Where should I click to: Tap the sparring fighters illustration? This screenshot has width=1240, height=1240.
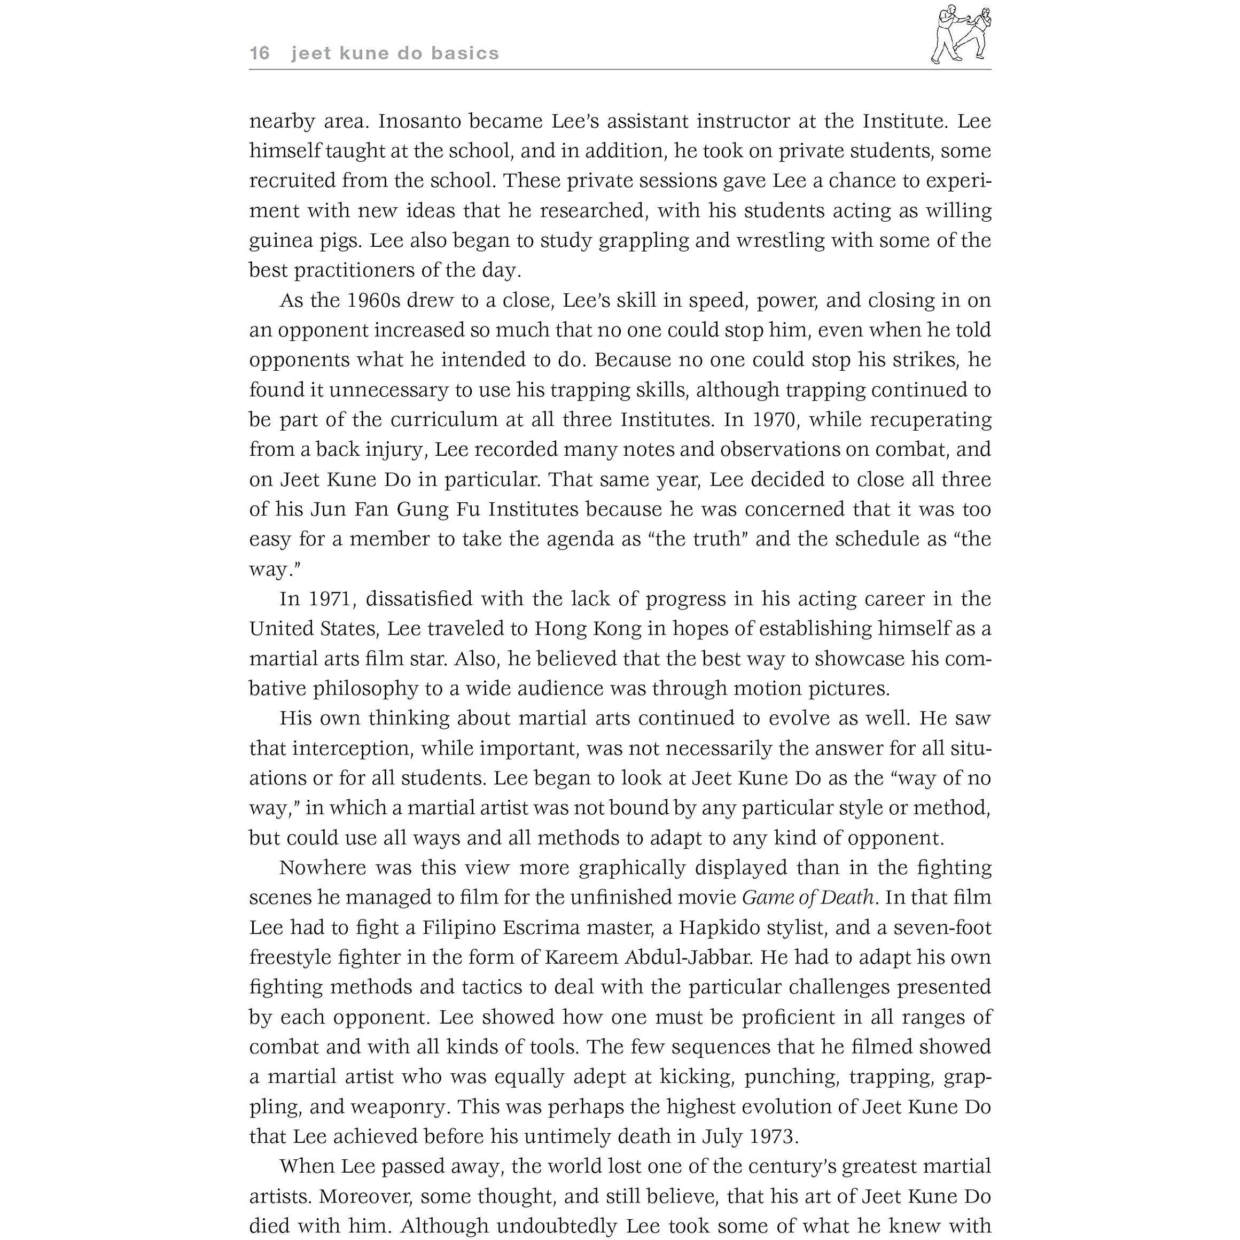coord(961,34)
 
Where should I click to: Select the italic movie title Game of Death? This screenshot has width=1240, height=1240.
coord(807,897)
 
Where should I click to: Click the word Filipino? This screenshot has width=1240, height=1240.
coord(458,927)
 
